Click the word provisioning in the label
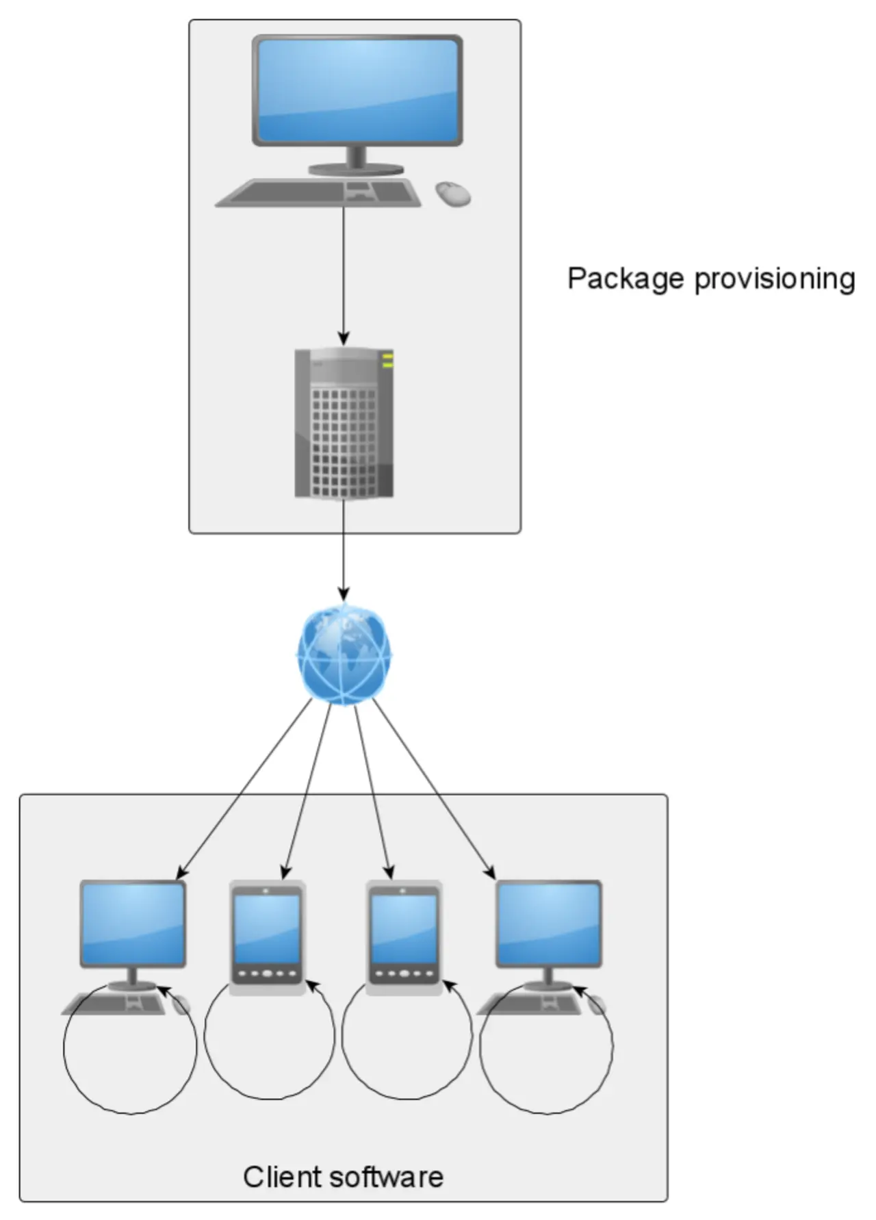[x=775, y=279]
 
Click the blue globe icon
[x=344, y=654]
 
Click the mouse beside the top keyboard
[x=454, y=193]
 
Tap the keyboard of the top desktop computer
[x=319, y=192]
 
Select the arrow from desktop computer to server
[x=344, y=274]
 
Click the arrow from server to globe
[x=344, y=548]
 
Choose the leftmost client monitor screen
[x=133, y=923]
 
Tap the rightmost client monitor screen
[x=548, y=923]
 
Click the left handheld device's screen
[x=267, y=928]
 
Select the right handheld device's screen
[x=404, y=928]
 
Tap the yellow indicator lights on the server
[x=387, y=360]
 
